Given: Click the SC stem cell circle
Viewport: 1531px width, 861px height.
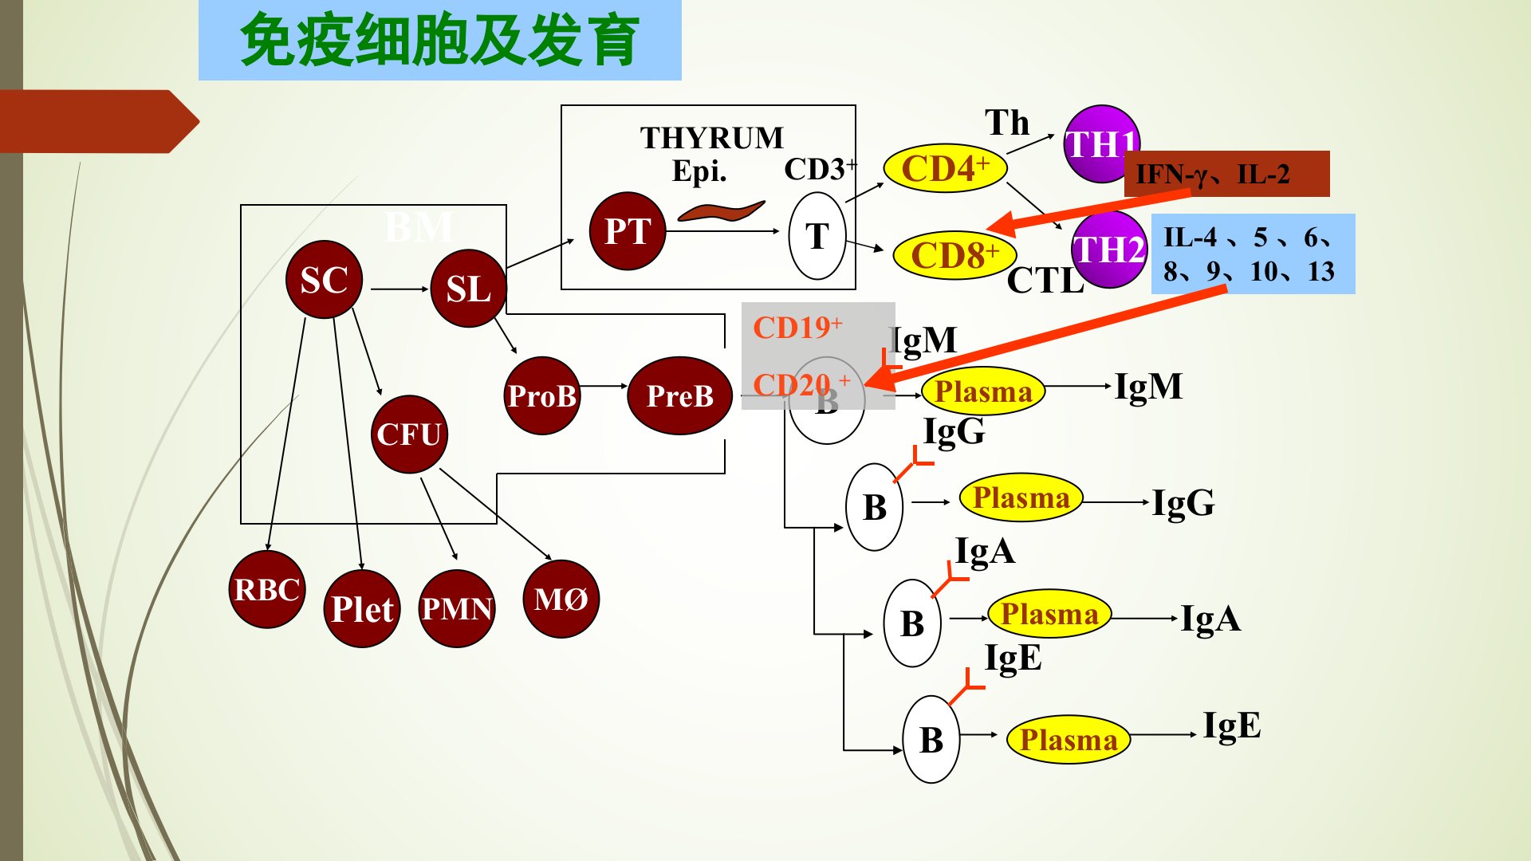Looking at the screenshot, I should pos(324,280).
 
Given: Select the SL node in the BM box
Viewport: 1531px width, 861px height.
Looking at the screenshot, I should pos(468,289).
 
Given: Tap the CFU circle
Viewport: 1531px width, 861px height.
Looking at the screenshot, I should pos(409,434).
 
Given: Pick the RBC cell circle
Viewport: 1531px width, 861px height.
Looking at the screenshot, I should pos(267,590).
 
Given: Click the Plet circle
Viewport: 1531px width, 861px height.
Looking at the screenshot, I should pos(362,609).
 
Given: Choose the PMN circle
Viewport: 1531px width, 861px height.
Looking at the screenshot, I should pos(457,609).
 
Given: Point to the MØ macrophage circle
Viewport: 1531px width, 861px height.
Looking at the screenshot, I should pos(561,600).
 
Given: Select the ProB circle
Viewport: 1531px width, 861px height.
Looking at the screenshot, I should pos(542,395).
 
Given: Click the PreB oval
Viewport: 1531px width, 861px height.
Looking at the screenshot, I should pos(679,395).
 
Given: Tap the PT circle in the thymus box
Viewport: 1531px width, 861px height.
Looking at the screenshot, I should pos(628,231).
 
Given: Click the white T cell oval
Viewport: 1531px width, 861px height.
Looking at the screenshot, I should pos(817,236).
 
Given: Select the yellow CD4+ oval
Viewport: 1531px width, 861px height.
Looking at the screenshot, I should pos(945,168).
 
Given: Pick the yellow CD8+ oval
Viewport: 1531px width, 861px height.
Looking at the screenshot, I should pos(954,256).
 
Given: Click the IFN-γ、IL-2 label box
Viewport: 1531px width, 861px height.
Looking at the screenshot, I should pos(1226,174).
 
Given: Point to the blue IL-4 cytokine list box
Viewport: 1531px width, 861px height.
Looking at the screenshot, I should pos(1253,254).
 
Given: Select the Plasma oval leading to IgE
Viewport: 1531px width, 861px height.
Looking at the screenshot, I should pos(1069,740).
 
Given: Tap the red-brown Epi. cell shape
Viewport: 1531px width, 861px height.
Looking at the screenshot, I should pos(720,211).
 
